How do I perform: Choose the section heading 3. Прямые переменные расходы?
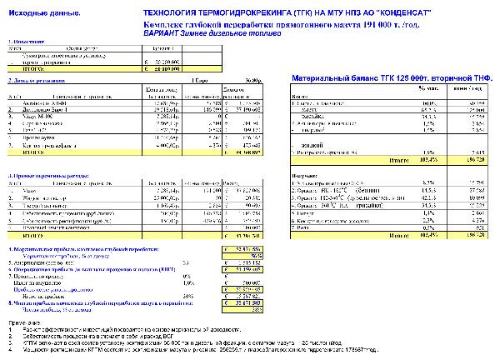pyautogui.click(x=45, y=177)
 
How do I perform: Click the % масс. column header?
pyautogui.click(x=431, y=87)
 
